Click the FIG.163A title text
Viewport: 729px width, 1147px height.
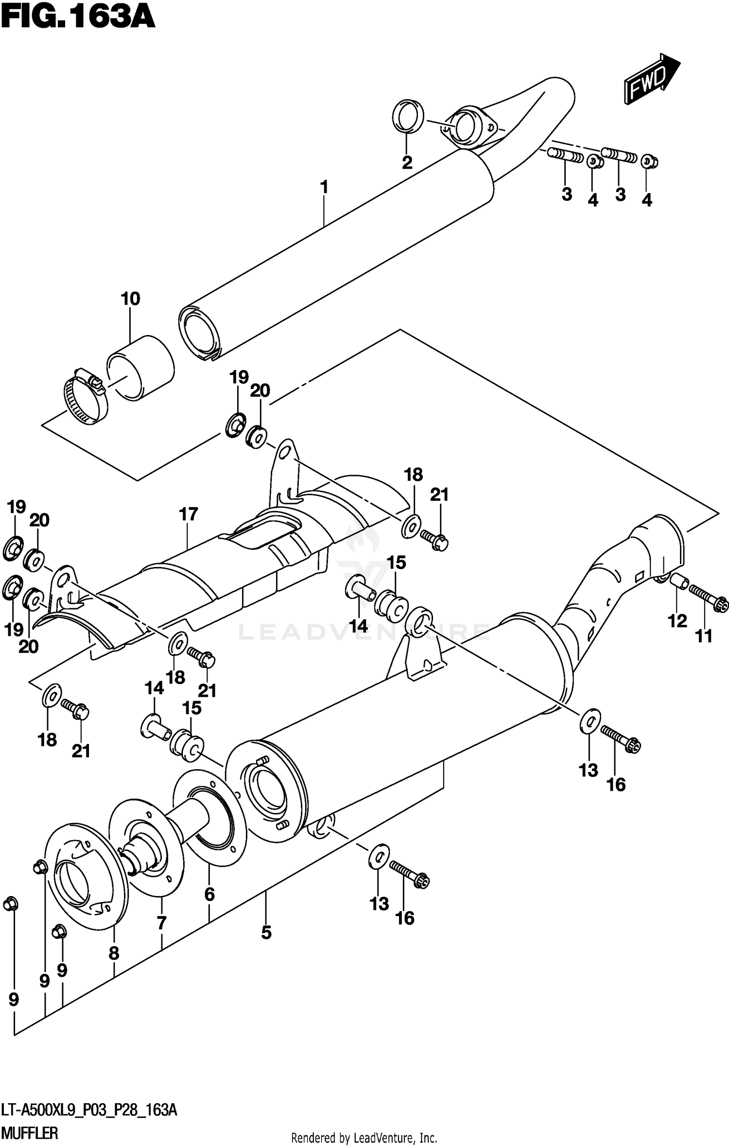78,18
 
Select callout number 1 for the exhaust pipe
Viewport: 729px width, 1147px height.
324,187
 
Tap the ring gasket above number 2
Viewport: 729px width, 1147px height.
407,116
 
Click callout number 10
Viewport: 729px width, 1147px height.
130,299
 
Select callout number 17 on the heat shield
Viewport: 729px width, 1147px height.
189,514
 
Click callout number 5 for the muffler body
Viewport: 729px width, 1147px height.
266,932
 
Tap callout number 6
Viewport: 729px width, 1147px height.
209,894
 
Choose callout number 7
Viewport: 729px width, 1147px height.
162,922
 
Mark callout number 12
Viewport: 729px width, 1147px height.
677,620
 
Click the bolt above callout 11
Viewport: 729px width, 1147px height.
708,598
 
